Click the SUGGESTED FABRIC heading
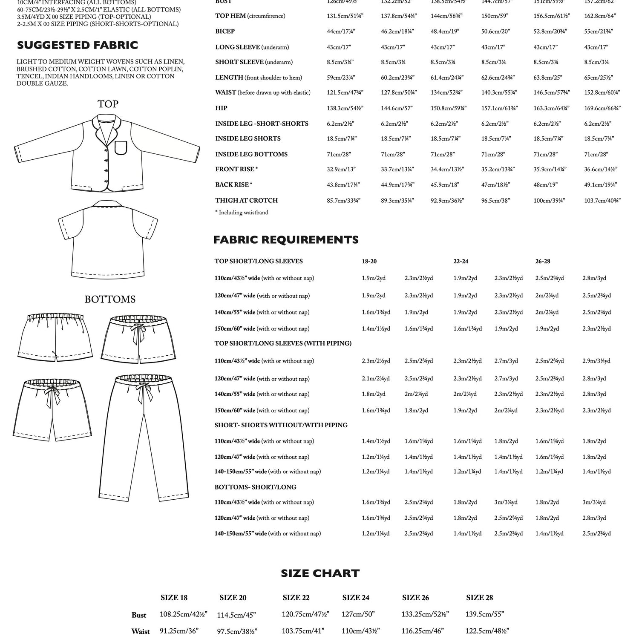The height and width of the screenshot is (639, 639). click(77, 45)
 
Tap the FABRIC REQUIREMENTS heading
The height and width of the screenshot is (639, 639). click(286, 240)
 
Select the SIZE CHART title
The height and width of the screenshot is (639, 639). click(320, 573)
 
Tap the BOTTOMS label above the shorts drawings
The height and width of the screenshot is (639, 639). click(110, 299)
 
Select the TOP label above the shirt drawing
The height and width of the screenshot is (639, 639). click(108, 104)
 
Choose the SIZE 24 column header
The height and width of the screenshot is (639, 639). click(356, 598)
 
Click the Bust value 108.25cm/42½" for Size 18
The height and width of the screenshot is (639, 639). click(183, 614)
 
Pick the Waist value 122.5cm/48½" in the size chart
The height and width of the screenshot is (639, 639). click(487, 631)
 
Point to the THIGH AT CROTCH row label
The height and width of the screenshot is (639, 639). click(246, 200)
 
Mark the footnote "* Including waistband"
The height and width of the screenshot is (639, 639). click(242, 213)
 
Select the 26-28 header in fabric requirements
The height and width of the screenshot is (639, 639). click(542, 261)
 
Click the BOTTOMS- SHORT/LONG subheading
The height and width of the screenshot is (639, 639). click(255, 487)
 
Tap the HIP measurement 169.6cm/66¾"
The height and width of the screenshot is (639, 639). click(602, 108)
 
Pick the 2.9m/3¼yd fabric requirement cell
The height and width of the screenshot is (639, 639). click(596, 361)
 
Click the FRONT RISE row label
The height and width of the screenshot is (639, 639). click(236, 169)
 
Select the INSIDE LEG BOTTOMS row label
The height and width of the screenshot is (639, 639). click(251, 154)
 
